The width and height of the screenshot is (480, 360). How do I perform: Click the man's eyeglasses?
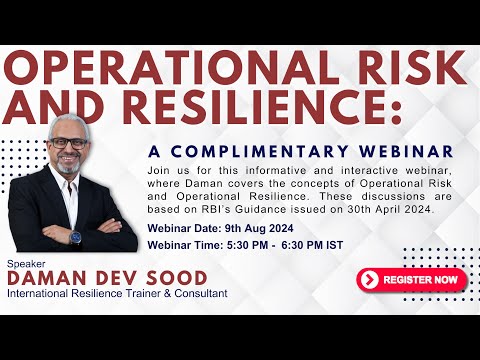tap(69, 142)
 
